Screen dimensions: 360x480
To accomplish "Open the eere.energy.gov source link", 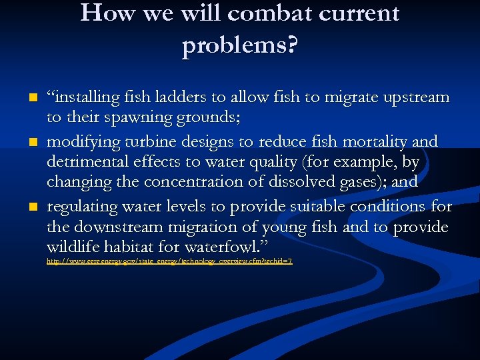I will coord(169,262).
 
